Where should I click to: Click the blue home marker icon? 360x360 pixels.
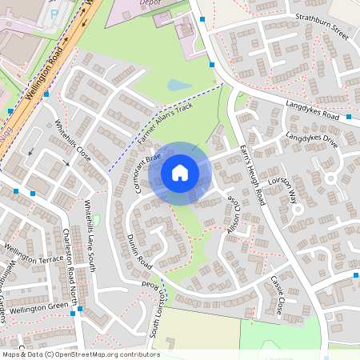pyautogui.click(x=180, y=173)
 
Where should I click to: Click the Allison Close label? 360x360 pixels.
pyautogui.click(x=233, y=214)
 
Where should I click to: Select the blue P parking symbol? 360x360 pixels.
pyautogui.click(x=54, y=13)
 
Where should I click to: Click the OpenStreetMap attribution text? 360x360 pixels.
pyautogui.click(x=80, y=354)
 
